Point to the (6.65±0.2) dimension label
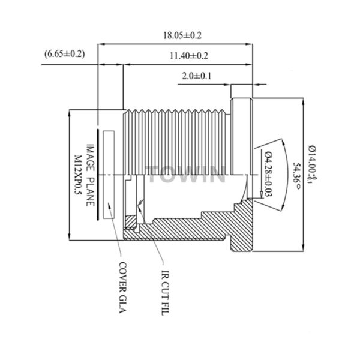point(65,54)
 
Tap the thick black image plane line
point(97,174)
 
